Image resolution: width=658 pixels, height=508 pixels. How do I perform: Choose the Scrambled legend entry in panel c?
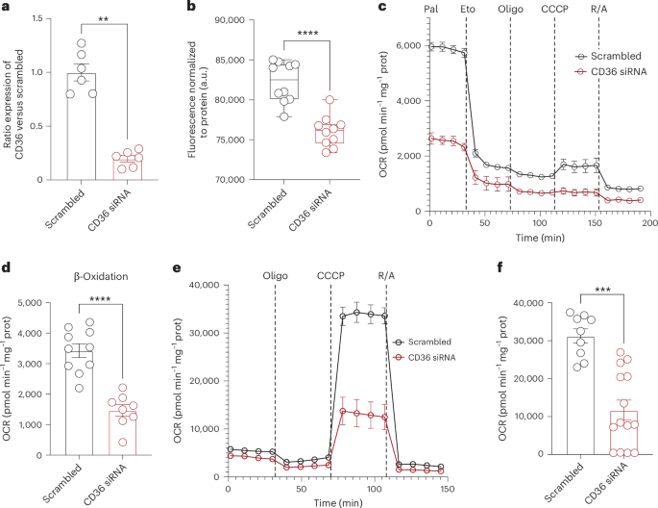tap(604, 57)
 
